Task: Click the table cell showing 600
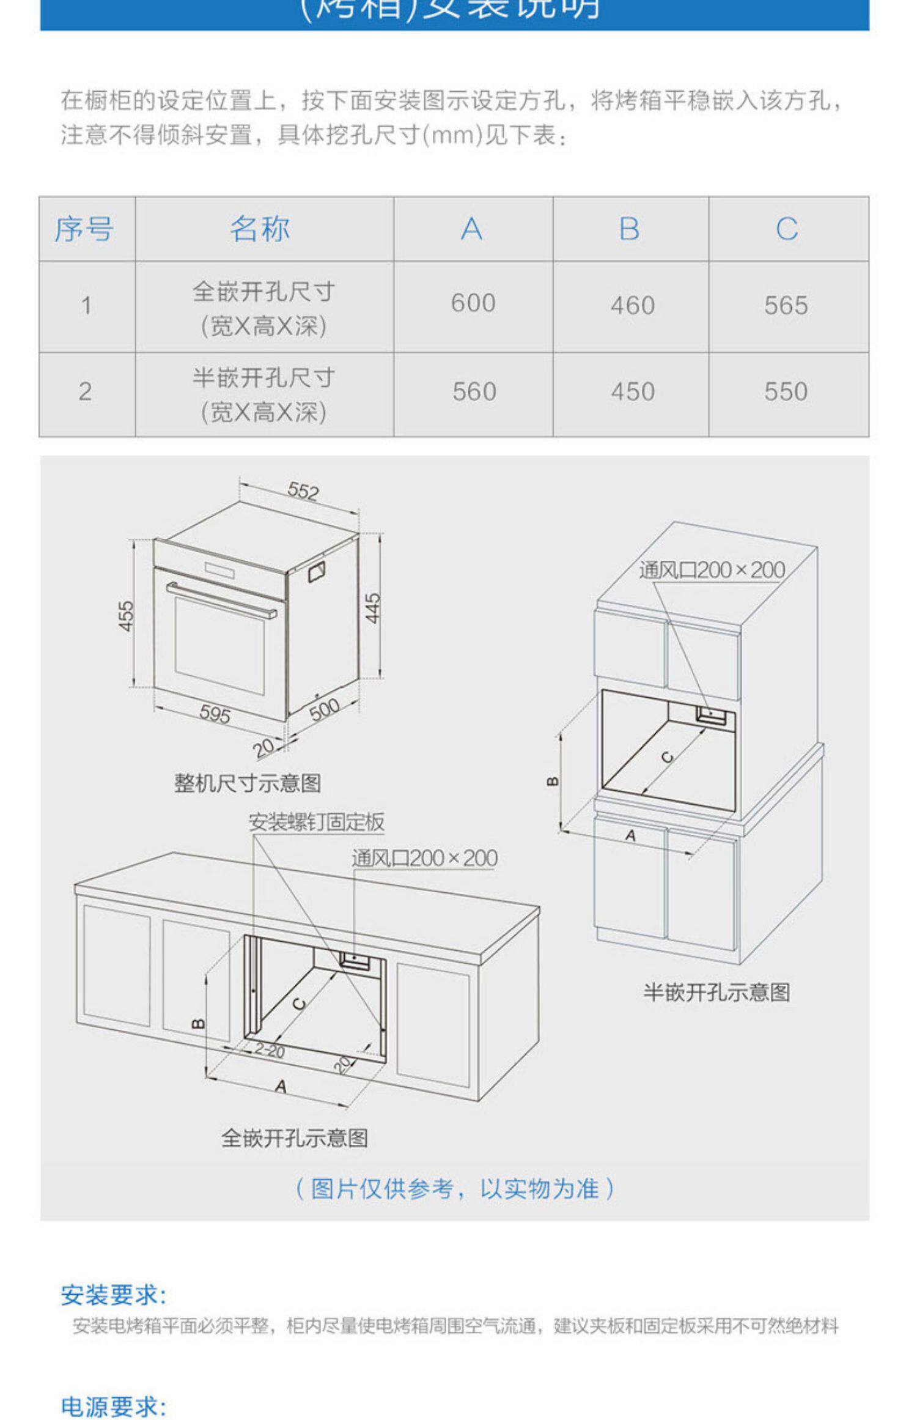point(473,303)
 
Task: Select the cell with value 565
point(786,305)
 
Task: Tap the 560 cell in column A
point(474,391)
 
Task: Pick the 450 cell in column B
point(633,391)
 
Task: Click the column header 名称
point(260,229)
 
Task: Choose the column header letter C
point(787,229)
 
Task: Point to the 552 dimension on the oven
point(303,491)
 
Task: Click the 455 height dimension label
point(125,615)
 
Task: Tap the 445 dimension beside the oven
point(373,608)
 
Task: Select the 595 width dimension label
point(215,713)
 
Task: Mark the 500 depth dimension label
point(324,709)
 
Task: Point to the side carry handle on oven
point(316,571)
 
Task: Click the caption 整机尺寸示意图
point(248,783)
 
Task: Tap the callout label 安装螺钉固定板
point(316,822)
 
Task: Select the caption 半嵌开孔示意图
point(716,992)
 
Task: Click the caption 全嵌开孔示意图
point(295,1137)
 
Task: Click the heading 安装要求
point(113,1295)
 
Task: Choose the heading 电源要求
point(113,1407)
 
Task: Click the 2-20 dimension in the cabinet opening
point(270,1051)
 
